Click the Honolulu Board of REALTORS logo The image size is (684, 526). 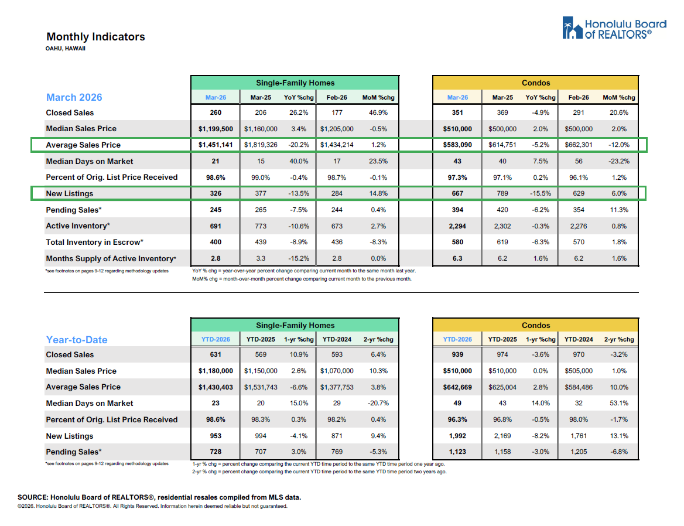point(614,29)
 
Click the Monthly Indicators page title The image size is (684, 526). point(95,37)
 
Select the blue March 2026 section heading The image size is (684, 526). point(74,97)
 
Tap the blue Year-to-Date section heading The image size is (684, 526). point(77,340)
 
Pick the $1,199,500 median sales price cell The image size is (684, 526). point(215,129)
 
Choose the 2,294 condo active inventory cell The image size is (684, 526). point(457,226)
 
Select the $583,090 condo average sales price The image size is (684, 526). point(457,145)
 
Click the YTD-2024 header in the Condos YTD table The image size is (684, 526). point(577,340)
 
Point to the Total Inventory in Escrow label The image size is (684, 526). point(95,242)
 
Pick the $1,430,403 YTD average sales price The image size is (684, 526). point(215,387)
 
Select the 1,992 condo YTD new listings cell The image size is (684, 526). point(457,436)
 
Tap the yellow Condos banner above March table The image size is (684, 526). point(536,83)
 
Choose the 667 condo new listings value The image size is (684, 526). point(457,193)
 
